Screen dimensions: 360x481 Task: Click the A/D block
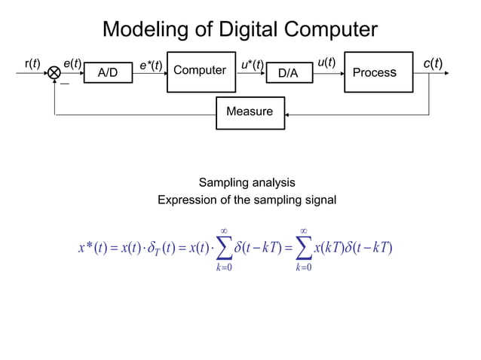click(x=108, y=72)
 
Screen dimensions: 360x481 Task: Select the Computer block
click(x=201, y=72)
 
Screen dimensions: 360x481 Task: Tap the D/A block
click(x=289, y=72)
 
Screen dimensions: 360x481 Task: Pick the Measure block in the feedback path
click(x=250, y=112)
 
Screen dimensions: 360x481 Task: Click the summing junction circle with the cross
click(x=54, y=73)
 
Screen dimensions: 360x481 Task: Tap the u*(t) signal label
click(x=252, y=66)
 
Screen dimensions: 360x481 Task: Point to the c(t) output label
click(x=433, y=63)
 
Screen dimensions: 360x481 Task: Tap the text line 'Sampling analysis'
click(x=247, y=182)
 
